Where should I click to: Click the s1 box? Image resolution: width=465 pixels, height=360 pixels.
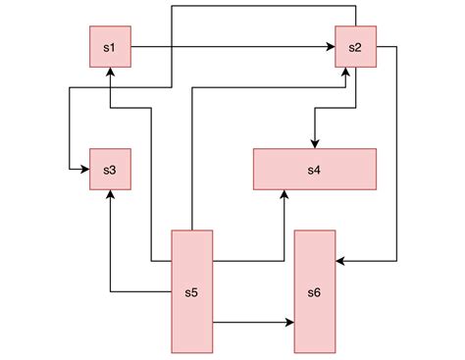point(109,47)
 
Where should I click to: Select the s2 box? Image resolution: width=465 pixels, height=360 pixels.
point(356,47)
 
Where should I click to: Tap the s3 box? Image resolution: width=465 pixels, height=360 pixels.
point(109,170)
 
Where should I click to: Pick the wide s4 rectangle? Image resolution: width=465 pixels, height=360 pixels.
point(314,169)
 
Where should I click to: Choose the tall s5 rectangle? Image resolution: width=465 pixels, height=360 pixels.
point(192,291)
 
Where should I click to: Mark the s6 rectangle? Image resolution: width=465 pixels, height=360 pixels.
point(315,291)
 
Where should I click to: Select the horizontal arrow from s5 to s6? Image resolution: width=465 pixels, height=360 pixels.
point(253,322)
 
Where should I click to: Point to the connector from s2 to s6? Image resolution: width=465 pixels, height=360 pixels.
point(396,157)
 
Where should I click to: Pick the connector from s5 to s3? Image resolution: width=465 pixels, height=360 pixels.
point(110,245)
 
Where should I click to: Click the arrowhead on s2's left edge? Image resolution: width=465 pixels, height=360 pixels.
point(331,47)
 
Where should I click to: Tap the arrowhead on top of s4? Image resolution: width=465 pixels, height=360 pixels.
point(314,143)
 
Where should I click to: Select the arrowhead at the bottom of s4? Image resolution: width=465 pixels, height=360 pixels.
point(284,195)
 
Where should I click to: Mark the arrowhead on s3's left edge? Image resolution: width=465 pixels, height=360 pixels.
point(84,170)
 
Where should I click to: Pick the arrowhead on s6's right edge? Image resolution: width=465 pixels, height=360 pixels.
point(340,261)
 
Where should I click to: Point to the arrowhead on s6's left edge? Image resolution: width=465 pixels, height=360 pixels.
point(289,322)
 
